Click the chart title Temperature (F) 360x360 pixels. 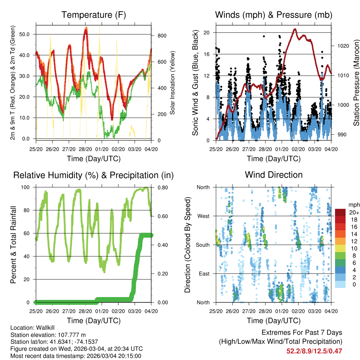click(94, 15)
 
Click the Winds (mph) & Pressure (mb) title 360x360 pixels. click(274, 15)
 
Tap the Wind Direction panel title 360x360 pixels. click(274, 175)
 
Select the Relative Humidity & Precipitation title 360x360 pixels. click(94, 175)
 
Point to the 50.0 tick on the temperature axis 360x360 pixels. click(27, 34)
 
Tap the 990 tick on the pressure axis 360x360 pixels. click(338, 134)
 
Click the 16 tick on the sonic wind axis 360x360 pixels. click(207, 54)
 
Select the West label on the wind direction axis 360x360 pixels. click(203, 216)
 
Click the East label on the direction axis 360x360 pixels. click(204, 274)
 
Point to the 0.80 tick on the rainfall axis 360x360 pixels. click(159, 187)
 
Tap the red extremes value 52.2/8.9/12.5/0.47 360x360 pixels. click(314, 351)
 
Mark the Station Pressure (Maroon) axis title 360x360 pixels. click(356, 83)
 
